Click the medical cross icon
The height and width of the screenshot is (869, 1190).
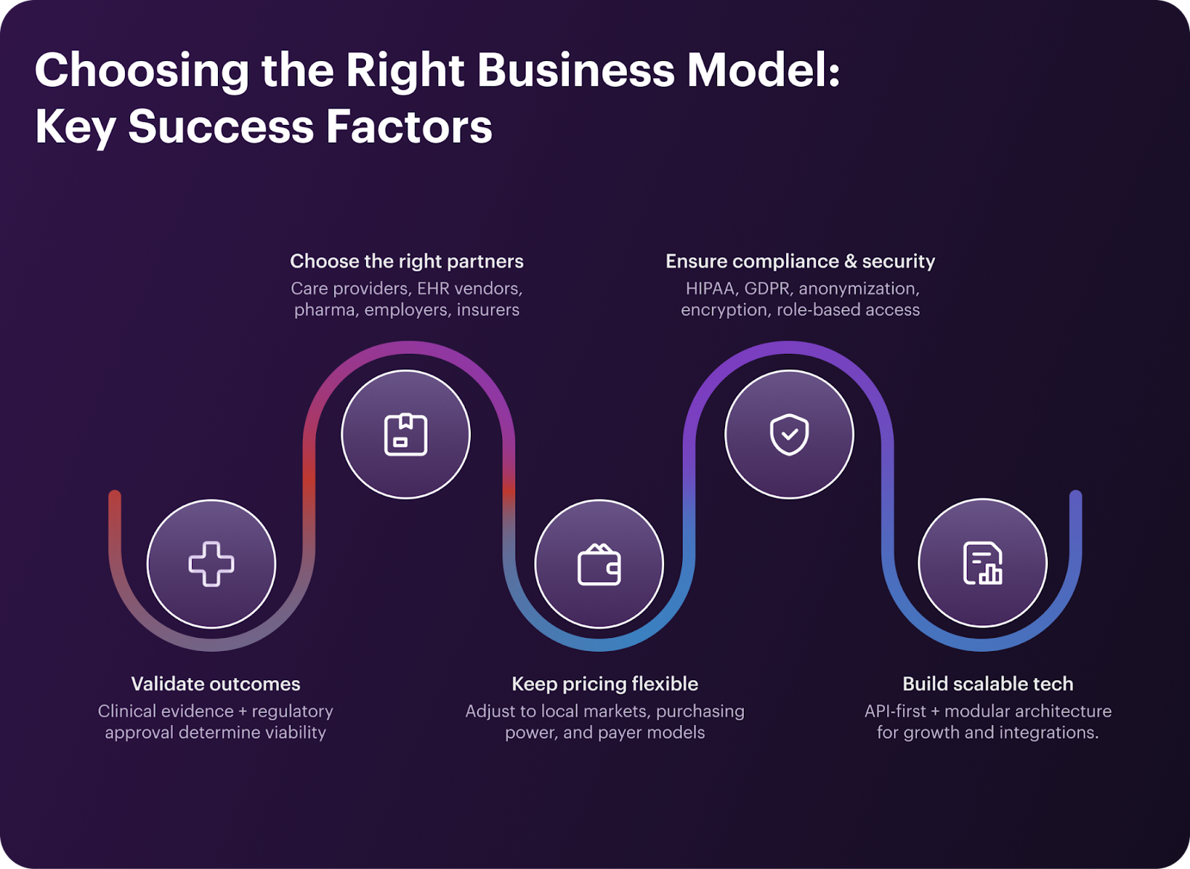pos(211,563)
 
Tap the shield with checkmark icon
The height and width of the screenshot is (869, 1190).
pos(789,434)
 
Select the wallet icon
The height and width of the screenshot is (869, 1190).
pos(599,565)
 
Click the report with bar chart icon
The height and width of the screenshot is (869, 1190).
pos(982,563)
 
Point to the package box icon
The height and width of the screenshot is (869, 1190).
pos(405,434)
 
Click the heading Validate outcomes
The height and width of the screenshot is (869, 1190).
pos(216,684)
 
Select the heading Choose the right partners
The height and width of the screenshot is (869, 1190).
pos(407,262)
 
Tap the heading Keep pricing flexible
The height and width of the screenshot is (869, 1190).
pos(605,684)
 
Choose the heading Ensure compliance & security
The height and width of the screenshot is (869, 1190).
pos(800,262)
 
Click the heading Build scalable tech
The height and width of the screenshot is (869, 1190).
pos(988,684)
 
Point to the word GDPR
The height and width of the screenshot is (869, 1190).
pos(767,288)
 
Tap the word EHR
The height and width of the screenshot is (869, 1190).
pos(433,288)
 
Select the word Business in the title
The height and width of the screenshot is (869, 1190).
pos(576,71)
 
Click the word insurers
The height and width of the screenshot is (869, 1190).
pos(488,310)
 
